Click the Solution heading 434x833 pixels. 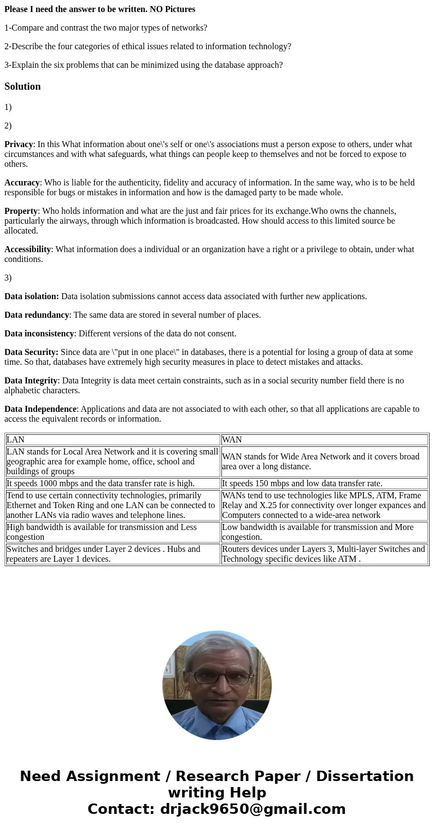pyautogui.click(x=22, y=86)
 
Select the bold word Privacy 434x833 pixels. pyautogui.click(x=19, y=144)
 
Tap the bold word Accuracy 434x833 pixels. pyautogui.click(x=22, y=183)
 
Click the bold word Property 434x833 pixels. pyautogui.click(x=21, y=211)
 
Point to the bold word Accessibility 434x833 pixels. pyautogui.click(x=27, y=249)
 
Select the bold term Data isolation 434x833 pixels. pyautogui.click(x=31, y=296)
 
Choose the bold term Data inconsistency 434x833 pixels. pyautogui.click(x=39, y=334)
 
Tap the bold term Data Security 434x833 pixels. pyautogui.click(x=31, y=352)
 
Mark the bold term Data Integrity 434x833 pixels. pyautogui.click(x=31, y=381)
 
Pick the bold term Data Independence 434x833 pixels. pyautogui.click(x=40, y=409)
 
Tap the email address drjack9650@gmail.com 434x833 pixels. pyautogui.click(x=253, y=809)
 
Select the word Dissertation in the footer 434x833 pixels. pyautogui.click(x=365, y=776)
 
